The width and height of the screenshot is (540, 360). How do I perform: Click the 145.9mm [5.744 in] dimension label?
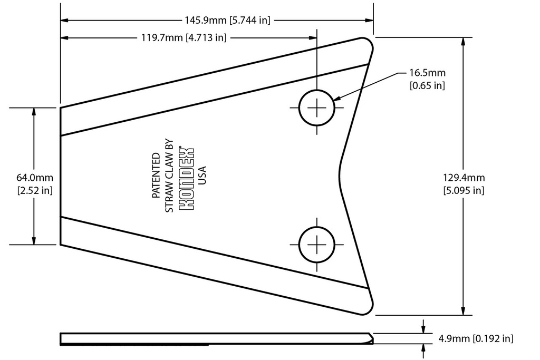pyautogui.click(x=227, y=21)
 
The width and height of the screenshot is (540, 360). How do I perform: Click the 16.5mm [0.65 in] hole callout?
pyautogui.click(x=427, y=79)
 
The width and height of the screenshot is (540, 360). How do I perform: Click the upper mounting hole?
pyautogui.click(x=316, y=108)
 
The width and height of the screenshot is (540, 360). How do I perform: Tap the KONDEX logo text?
pyautogui.click(x=187, y=178)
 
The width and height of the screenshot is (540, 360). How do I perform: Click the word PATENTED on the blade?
pyautogui.click(x=157, y=176)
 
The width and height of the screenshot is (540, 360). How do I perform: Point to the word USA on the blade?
pyautogui.click(x=201, y=176)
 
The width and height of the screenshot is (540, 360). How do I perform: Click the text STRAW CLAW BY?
pyautogui.click(x=170, y=176)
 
